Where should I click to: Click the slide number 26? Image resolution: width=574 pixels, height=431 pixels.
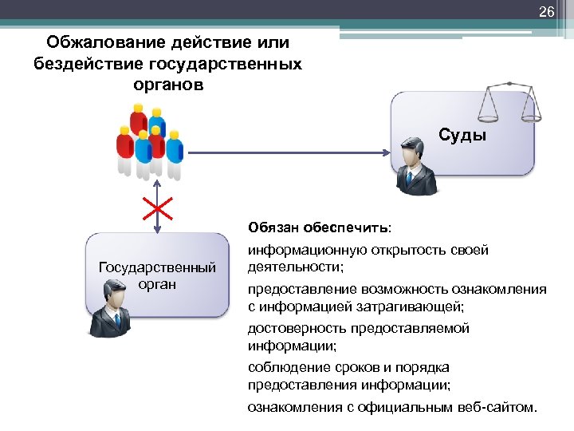[546, 11]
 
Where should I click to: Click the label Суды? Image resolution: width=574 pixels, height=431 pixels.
[462, 135]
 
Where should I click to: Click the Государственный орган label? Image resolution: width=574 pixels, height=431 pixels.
[157, 275]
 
